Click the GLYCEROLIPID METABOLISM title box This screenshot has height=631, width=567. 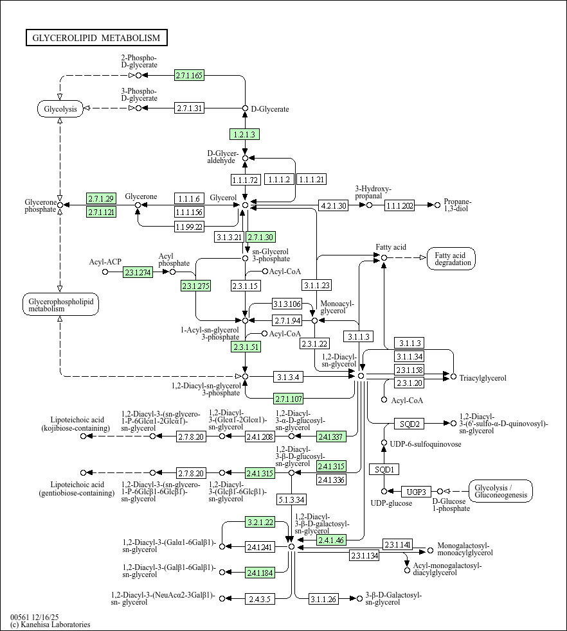tap(96, 38)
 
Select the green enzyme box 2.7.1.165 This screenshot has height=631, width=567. tap(190, 75)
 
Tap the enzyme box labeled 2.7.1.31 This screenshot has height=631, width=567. tap(190, 108)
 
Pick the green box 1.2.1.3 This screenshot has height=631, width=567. tap(244, 134)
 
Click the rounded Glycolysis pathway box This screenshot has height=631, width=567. tap(60, 108)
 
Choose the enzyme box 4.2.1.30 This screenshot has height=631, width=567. tap(333, 205)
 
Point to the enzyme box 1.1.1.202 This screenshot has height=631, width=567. tap(399, 205)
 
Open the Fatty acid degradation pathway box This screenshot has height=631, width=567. tap(451, 259)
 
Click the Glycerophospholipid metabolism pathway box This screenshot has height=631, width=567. tap(60, 305)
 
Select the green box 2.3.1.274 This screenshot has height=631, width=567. tap(138, 272)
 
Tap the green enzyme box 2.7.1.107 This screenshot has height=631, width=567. tap(288, 399)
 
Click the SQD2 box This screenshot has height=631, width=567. tap(410, 424)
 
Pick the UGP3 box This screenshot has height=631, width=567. tap(417, 492)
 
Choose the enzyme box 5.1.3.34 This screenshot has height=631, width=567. tap(292, 500)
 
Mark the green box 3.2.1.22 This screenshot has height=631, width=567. tap(260, 523)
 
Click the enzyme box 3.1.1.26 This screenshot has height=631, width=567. tap(323, 599)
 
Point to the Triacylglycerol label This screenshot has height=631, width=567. tap(483, 378)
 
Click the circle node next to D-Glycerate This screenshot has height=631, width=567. tap(245, 108)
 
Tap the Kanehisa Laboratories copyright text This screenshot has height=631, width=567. tap(50, 625)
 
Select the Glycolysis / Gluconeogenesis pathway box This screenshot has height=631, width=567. tap(501, 491)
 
